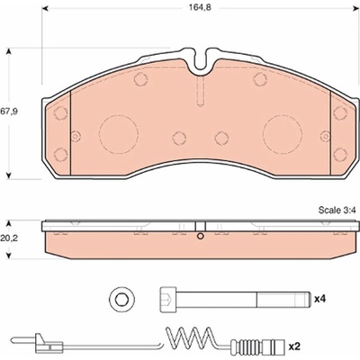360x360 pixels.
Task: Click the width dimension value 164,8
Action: click(200, 7)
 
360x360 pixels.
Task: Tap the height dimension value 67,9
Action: click(9, 112)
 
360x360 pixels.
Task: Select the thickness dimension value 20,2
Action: click(9, 238)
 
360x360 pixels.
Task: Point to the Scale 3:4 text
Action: click(337, 211)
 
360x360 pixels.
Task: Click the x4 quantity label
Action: click(319, 299)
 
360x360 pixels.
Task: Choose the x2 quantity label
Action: click(294, 346)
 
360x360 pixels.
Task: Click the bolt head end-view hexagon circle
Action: click(121, 299)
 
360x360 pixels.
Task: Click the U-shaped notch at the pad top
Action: click(201, 61)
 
